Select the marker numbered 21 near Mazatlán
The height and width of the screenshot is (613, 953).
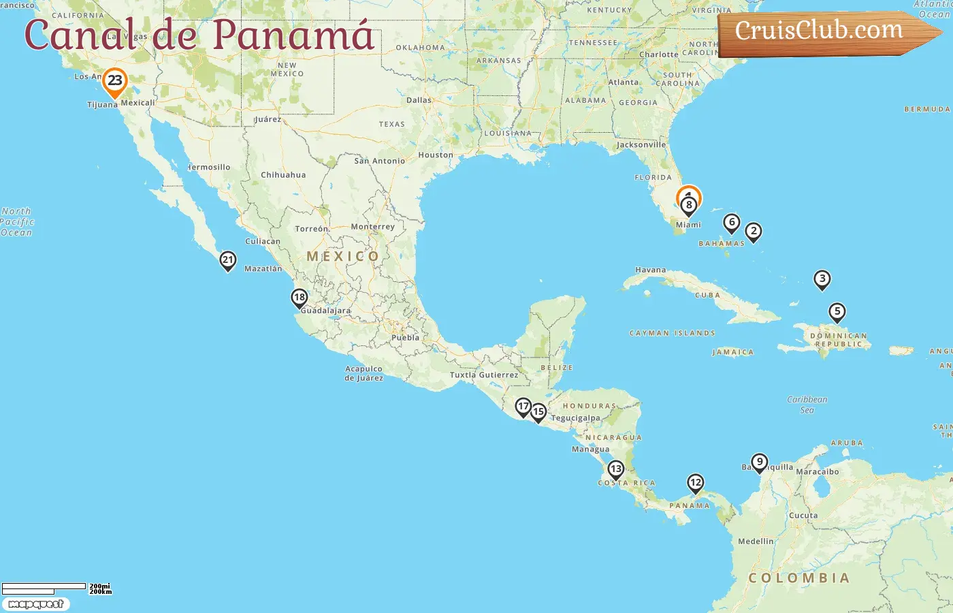228,260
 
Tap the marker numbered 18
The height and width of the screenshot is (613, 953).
300,298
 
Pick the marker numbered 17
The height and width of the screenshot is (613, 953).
523,407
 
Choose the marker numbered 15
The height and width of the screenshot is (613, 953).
538,411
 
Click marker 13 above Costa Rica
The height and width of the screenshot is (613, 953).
616,469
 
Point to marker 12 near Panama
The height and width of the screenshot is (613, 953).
695,483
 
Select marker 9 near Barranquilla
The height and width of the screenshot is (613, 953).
760,462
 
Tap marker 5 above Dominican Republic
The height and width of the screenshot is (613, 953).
837,312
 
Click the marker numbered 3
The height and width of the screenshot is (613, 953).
822,279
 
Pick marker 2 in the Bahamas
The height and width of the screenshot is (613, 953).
754,231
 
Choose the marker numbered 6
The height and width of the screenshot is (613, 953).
732,222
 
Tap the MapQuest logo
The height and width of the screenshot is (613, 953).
35,604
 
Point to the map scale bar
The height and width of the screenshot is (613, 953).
44,588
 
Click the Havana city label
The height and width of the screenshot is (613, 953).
650,270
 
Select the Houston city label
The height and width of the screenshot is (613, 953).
436,155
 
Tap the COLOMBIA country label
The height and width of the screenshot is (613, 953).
799,578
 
